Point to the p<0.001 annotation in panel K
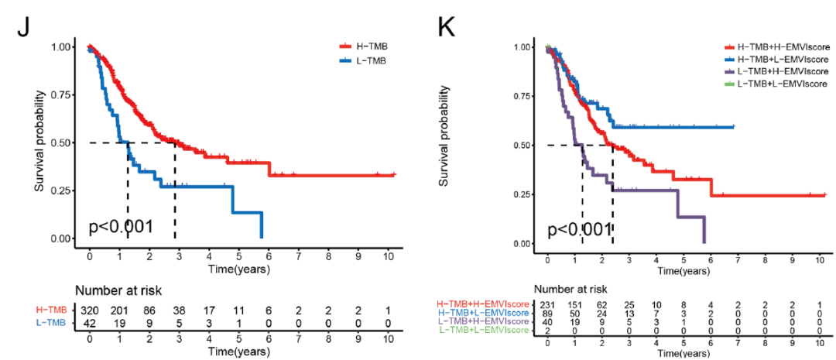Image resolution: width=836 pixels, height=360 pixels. tap(579, 230)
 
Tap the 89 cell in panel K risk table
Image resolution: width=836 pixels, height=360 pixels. tap(548, 312)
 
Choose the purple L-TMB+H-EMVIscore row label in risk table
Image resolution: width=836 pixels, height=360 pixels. tap(485, 321)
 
